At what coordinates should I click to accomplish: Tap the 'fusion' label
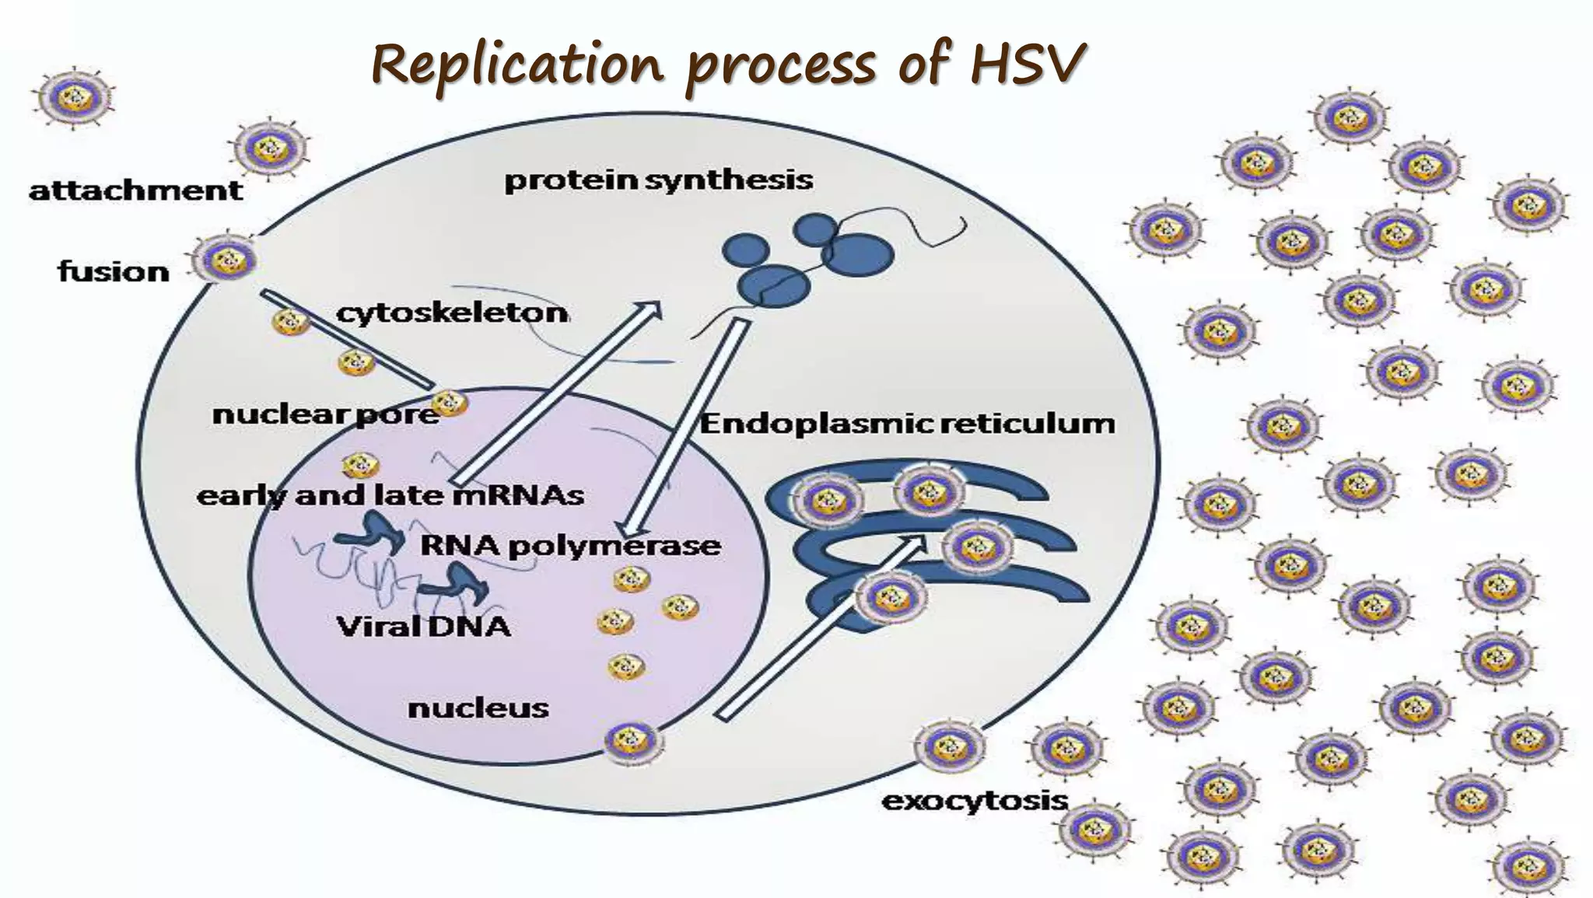(x=114, y=272)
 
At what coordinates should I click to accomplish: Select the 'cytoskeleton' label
(x=452, y=313)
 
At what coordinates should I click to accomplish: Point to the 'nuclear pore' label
(x=325, y=414)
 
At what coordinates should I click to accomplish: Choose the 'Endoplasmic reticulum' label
(x=907, y=425)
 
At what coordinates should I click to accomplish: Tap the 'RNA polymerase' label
(x=570, y=546)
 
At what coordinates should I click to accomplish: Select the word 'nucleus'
(x=478, y=708)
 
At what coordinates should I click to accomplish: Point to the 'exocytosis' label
(x=975, y=801)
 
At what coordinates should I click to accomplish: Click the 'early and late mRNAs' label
(x=390, y=496)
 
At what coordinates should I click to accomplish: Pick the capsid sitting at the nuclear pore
(x=449, y=403)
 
